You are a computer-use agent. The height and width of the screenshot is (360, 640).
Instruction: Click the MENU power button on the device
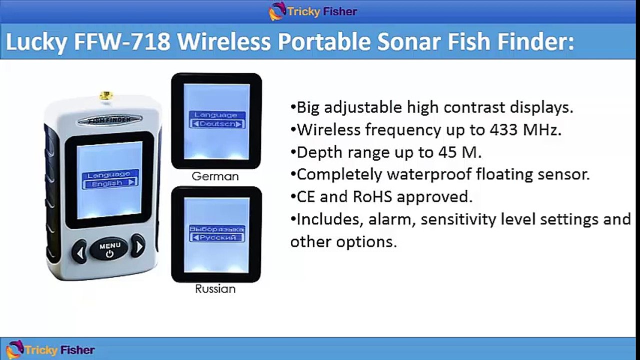click(x=109, y=249)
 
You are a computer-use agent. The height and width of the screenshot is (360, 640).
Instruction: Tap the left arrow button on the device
click(x=79, y=252)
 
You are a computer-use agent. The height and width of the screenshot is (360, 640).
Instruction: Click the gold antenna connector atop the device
click(x=106, y=95)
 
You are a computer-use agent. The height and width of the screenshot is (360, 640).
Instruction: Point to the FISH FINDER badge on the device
click(x=110, y=120)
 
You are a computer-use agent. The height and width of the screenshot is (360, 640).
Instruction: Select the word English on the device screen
click(x=107, y=183)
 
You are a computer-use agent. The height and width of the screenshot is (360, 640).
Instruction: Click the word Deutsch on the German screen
click(x=217, y=124)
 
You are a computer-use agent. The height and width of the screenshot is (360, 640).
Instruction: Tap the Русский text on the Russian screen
click(x=218, y=237)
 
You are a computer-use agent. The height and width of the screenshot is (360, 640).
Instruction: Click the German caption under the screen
click(x=215, y=176)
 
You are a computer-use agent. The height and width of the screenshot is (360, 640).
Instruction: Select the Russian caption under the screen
click(x=215, y=289)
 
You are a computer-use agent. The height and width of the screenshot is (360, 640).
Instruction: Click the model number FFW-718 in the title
click(x=122, y=41)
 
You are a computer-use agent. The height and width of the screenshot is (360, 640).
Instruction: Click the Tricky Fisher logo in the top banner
click(x=313, y=11)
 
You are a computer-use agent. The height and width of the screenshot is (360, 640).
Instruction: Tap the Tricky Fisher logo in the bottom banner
click(x=50, y=349)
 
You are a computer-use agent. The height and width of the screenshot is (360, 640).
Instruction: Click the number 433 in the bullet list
click(x=504, y=130)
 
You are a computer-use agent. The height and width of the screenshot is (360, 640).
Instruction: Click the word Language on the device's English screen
click(x=108, y=174)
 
